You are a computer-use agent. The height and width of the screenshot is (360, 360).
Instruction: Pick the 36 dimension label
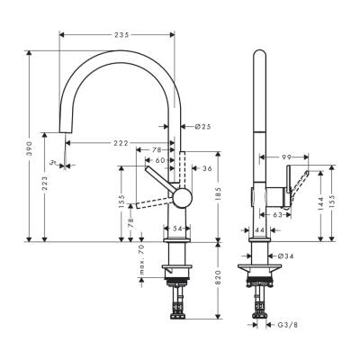click(x=207, y=167)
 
